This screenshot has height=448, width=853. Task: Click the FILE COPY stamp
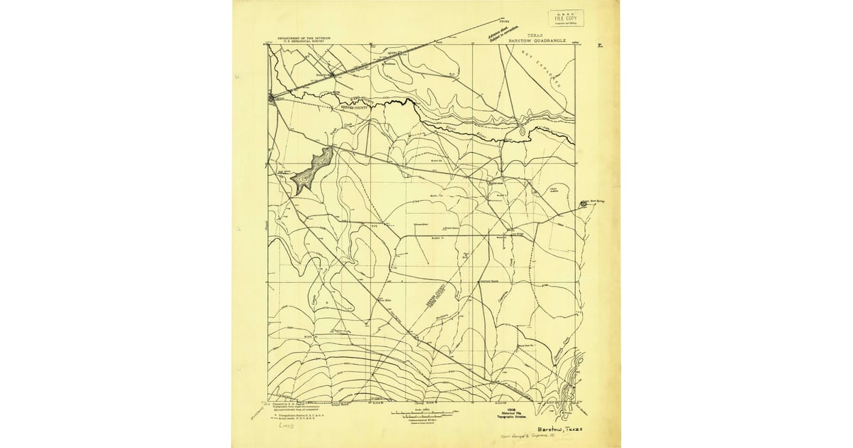[x=565, y=18]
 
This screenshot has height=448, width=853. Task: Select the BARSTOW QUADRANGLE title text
[x=537, y=42]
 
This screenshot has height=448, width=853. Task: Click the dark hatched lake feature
[x=311, y=169]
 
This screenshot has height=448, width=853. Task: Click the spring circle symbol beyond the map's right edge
[x=584, y=203]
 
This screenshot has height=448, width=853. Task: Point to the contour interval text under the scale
[x=422, y=421]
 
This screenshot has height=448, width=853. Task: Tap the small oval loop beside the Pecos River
[x=522, y=130]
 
